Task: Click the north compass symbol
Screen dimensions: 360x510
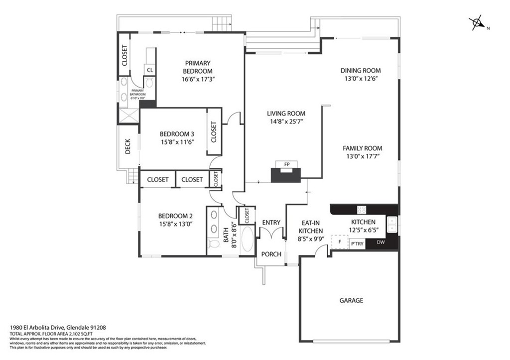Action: tap(478, 22)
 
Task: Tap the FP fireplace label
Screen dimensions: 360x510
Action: tap(287, 164)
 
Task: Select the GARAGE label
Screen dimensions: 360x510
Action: tap(351, 300)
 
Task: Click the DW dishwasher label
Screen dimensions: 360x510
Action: tap(381, 243)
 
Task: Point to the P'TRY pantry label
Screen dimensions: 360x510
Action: tap(357, 243)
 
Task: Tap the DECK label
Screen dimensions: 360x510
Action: tap(128, 146)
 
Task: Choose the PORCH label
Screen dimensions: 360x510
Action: tap(271, 254)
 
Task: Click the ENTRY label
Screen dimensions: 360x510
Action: tap(271, 223)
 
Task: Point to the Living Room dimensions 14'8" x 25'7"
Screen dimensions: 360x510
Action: tap(286, 121)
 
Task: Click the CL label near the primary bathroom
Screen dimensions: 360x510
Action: tap(150, 70)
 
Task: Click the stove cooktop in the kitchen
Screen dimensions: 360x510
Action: tap(362, 209)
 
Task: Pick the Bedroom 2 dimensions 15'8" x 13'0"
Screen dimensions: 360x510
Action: tap(175, 224)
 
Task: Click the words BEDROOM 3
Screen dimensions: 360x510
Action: tap(177, 134)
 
